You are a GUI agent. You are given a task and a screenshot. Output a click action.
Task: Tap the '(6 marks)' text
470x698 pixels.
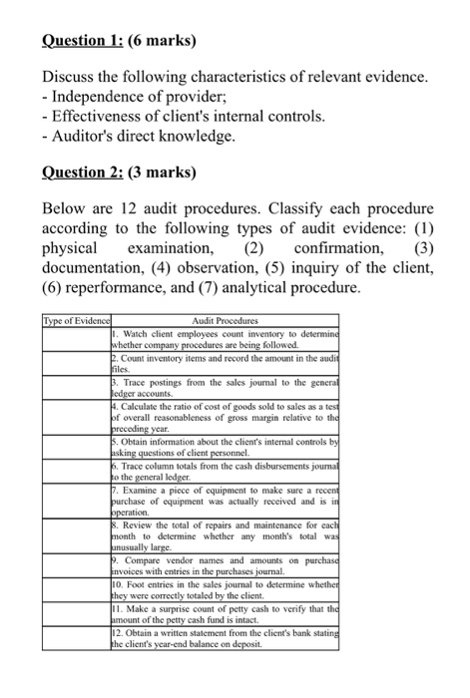(168, 42)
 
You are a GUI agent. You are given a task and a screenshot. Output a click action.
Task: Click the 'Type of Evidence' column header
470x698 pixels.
(75, 322)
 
